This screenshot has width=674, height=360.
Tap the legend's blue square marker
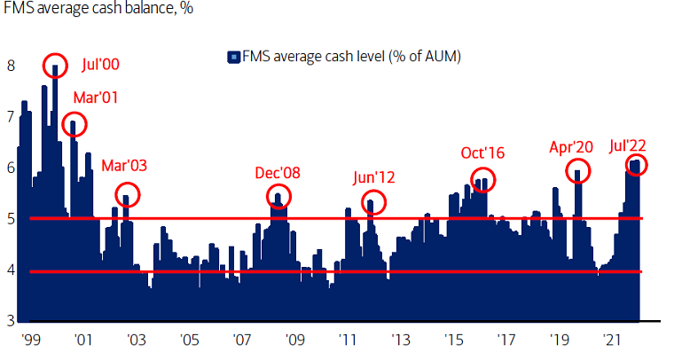(x=234, y=57)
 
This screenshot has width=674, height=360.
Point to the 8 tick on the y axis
(x=11, y=66)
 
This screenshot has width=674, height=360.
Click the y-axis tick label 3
(x=11, y=321)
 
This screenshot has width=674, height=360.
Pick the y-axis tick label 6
(x=11, y=168)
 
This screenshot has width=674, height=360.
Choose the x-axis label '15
(x=454, y=340)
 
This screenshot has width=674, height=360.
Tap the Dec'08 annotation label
(x=278, y=172)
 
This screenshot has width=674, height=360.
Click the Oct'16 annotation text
(x=482, y=153)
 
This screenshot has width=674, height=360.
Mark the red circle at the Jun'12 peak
(x=373, y=202)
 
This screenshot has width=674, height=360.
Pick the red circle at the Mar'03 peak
(x=127, y=194)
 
